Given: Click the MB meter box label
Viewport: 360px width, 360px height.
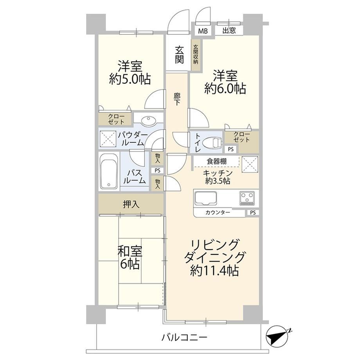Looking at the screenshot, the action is click(203, 31).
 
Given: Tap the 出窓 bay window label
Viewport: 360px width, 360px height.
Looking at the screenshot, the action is click(229, 31).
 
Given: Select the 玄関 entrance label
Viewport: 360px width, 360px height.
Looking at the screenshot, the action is click(179, 55).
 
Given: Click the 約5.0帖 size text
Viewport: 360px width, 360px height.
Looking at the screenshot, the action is click(130, 79).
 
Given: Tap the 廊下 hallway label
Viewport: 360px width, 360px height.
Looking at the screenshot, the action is click(176, 99).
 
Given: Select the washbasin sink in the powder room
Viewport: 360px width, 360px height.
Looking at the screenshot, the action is click(148, 121).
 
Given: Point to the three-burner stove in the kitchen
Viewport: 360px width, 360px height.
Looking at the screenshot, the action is click(247, 198).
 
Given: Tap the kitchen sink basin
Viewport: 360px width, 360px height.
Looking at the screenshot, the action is click(206, 198).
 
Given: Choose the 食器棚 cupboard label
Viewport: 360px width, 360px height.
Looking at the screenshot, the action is click(216, 161).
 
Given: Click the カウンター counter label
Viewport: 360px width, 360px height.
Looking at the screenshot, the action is click(218, 212).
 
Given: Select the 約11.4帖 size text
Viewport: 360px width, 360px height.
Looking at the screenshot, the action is click(214, 270).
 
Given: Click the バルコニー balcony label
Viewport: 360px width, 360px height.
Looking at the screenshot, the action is click(184, 337).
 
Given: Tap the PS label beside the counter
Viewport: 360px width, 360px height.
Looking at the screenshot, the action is click(252, 213).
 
